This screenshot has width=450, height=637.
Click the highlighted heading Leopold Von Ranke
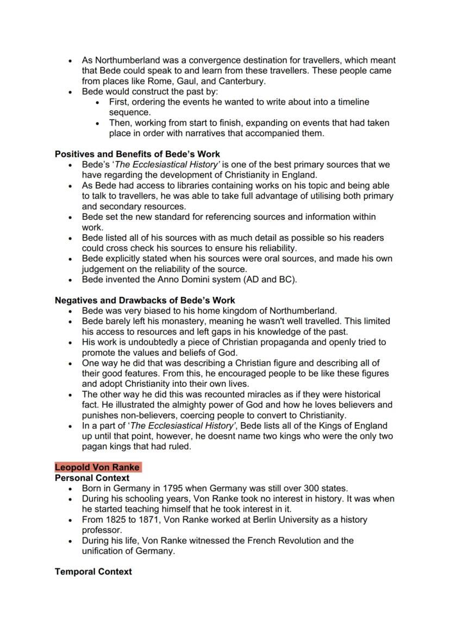tap(97, 467)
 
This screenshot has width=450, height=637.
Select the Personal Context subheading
tap(92, 478)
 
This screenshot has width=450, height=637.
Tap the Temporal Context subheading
tap(93, 572)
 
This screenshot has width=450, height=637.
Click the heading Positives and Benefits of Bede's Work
tap(137, 154)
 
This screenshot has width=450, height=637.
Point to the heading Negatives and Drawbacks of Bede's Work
tap(145, 300)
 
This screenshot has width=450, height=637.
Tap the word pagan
tap(96, 447)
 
